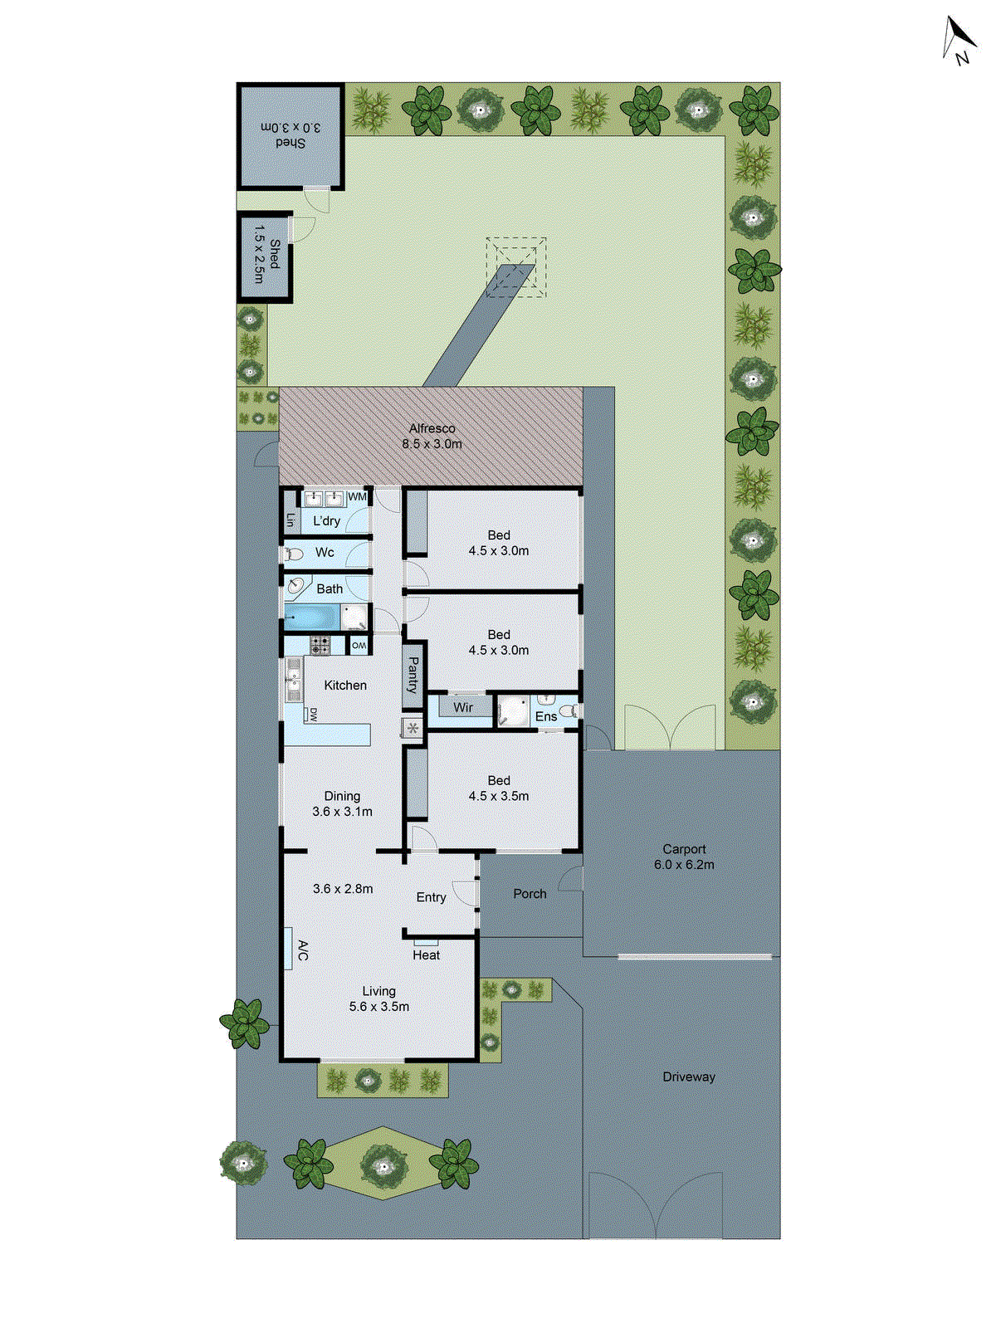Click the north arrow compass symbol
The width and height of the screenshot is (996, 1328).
959,40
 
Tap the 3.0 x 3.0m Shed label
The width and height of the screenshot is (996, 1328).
290,135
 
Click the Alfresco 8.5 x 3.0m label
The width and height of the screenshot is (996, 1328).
432,437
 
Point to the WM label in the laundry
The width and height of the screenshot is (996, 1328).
357,497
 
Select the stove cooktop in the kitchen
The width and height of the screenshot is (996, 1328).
320,644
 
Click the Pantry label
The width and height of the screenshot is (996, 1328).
413,676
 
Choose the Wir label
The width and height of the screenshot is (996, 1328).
462,708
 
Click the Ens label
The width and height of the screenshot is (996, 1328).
545,716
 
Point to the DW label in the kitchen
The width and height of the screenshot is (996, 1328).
313,715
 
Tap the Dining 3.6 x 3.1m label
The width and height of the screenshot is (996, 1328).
342,803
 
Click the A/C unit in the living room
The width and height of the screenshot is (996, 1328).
288,948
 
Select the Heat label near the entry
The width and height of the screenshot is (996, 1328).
426,955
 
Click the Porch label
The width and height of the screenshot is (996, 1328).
530,894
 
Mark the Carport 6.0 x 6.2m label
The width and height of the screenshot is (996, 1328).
684,857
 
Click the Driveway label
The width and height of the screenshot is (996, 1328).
688,1077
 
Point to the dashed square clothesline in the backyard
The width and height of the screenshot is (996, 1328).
516,267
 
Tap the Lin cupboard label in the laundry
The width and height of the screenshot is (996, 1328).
290,520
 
